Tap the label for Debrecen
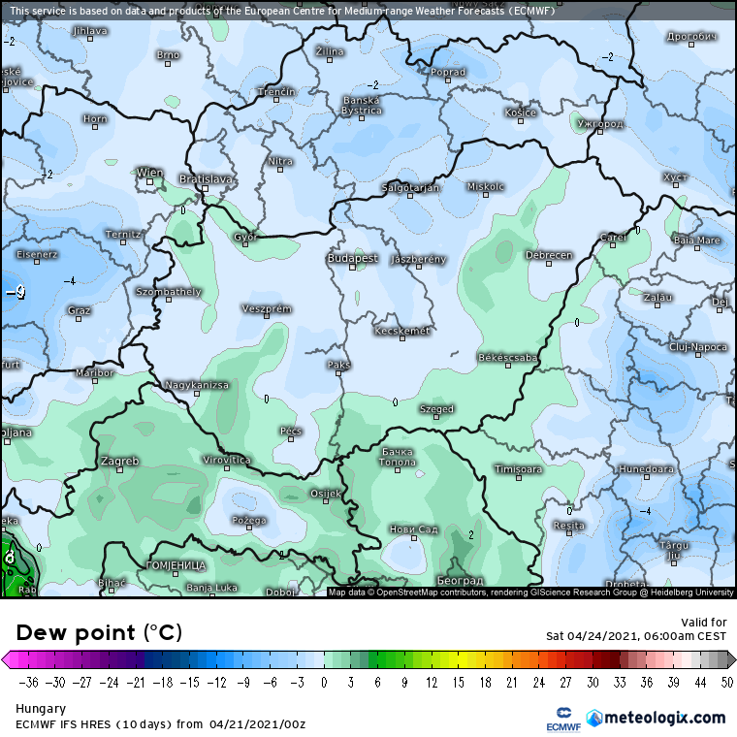[548, 255]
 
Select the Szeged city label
[436, 409]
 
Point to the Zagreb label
[119, 461]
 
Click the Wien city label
[149, 173]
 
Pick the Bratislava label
[207, 179]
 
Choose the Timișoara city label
[518, 469]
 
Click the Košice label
[521, 113]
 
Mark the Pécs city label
[291, 431]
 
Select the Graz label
[80, 310]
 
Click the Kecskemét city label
[401, 331]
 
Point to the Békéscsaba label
[507, 358]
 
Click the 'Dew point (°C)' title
[99, 633]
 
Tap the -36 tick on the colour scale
[27, 683]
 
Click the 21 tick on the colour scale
[511, 683]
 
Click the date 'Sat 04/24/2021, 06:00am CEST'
[635, 636]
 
